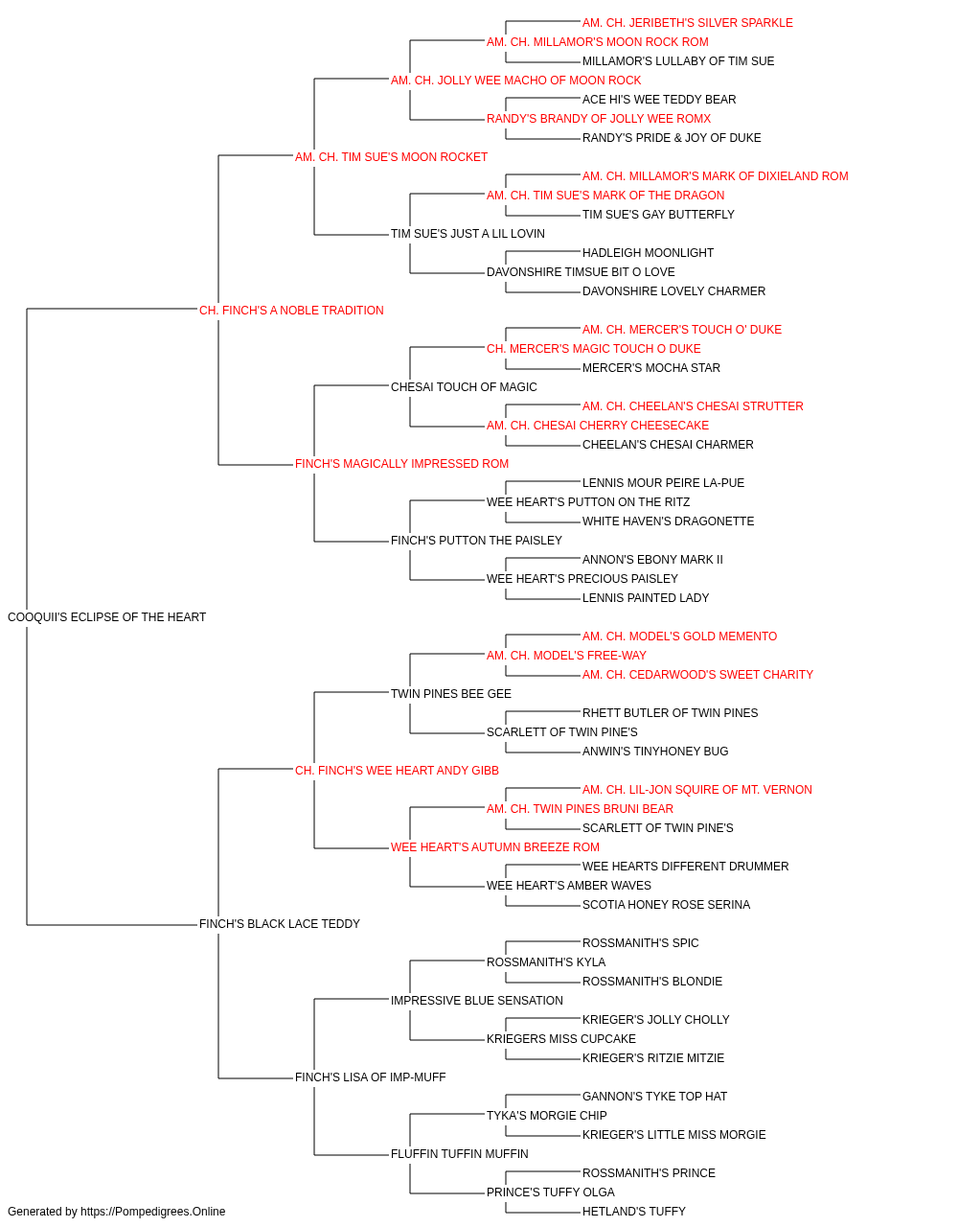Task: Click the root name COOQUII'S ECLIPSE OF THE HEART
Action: pos(106,617)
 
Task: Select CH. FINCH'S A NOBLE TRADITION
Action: pos(291,311)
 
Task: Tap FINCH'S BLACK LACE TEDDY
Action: pos(280,924)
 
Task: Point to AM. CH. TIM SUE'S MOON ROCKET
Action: pos(391,157)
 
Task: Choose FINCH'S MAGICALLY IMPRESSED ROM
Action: pos(401,464)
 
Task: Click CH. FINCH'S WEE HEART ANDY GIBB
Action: pos(397,771)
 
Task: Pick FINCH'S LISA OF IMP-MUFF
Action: pos(370,1077)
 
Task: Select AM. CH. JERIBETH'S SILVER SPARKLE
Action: pos(687,23)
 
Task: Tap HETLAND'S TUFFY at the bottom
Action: pos(633,1212)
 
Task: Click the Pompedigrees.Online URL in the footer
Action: pos(152,1212)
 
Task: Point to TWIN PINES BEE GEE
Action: pos(451,694)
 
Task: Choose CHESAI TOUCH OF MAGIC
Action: pos(464,386)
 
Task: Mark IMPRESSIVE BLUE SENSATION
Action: pos(477,1001)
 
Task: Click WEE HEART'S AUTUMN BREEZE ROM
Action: pos(494,847)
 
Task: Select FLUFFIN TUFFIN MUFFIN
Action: pos(459,1153)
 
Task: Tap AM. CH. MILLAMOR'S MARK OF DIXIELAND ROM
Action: pos(715,176)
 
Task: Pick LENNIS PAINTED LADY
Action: pos(646,598)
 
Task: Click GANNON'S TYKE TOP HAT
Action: pos(654,1097)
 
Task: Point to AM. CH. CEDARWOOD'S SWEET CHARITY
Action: pos(697,675)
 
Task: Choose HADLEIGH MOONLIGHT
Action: pos(648,253)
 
